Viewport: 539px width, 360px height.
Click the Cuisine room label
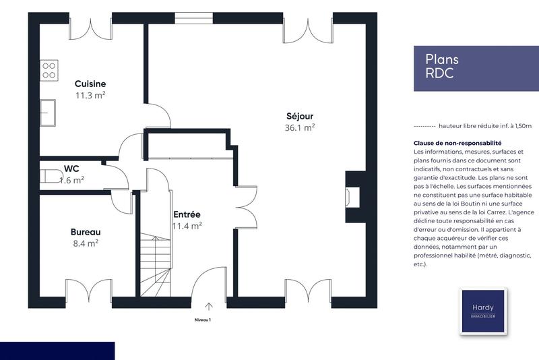pyautogui.click(x=90, y=84)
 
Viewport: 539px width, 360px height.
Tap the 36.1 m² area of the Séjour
pyautogui.click(x=300, y=127)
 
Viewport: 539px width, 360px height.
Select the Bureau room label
pyautogui.click(x=85, y=232)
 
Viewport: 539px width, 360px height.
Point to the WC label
pyautogui.click(x=72, y=169)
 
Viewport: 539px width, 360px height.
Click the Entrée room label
pyautogui.click(x=187, y=214)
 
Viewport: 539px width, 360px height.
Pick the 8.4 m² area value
pyautogui.click(x=85, y=243)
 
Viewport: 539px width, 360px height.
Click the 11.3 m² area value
pyautogui.click(x=90, y=95)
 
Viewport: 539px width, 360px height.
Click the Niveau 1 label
pyautogui.click(x=203, y=320)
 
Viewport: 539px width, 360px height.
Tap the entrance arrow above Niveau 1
pyautogui.click(x=209, y=306)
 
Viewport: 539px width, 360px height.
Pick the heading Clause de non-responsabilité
pyautogui.click(x=457, y=144)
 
